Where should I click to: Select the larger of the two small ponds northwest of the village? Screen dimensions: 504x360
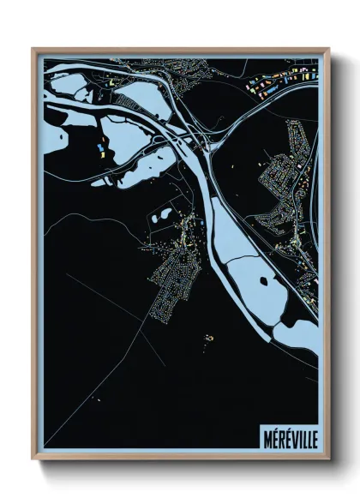point(160,216)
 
